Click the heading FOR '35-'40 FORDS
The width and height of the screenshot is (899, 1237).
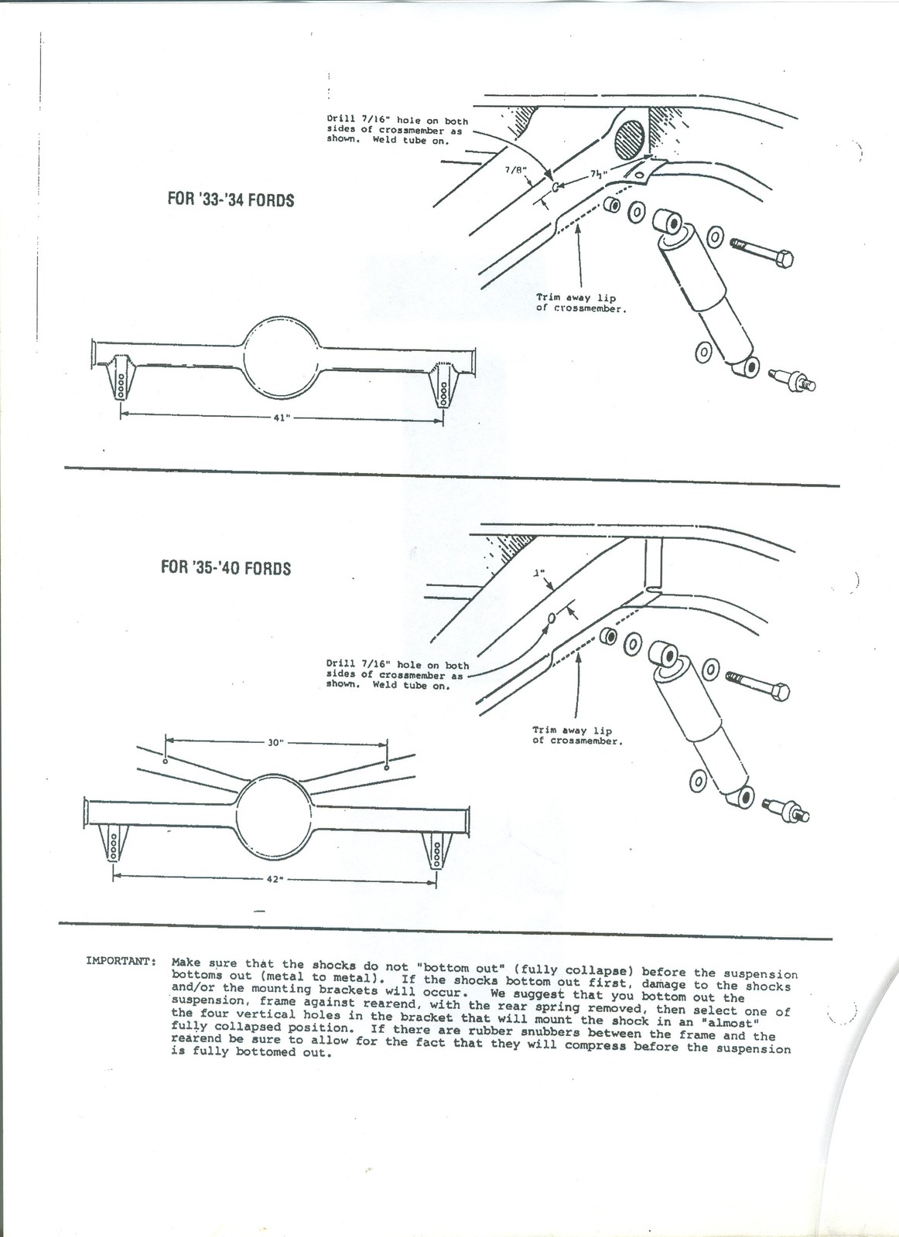(225, 568)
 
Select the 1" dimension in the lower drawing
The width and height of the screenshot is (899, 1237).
(540, 574)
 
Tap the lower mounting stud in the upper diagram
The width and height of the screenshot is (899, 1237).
(791, 380)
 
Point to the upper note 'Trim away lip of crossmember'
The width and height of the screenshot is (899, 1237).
(581, 302)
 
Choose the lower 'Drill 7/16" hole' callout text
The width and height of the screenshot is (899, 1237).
(397, 674)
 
